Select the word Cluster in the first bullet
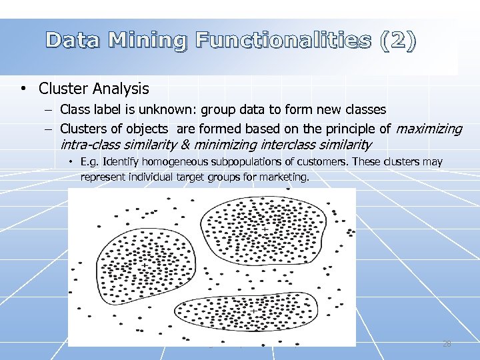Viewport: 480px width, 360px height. coord(64,88)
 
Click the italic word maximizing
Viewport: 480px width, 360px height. coord(429,128)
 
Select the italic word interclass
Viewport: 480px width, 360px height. coord(287,144)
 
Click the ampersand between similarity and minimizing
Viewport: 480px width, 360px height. coord(185,144)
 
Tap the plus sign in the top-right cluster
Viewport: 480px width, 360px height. coord(265,230)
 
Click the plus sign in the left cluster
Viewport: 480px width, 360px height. coord(144,265)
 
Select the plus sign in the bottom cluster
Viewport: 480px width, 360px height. coord(254,311)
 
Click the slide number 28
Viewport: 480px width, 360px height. coord(447,343)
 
